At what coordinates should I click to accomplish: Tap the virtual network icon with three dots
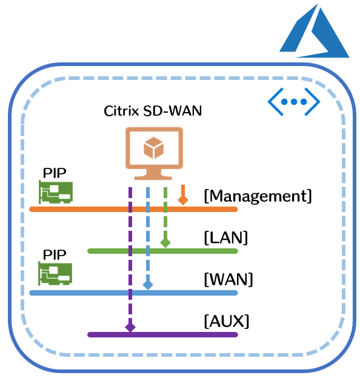tap(294, 102)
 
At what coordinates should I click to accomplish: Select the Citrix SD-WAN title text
tap(153, 111)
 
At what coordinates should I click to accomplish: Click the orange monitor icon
tap(154, 154)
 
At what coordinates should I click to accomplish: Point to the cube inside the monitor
tap(153, 148)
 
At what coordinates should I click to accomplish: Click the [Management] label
tap(258, 196)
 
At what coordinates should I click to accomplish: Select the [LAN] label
tap(226, 237)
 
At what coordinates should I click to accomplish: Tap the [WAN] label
tap(228, 279)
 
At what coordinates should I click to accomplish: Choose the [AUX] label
tap(227, 321)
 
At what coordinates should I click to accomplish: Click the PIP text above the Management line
tap(55, 173)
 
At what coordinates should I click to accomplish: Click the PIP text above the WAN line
tap(55, 254)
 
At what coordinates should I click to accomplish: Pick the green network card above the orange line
tap(56, 192)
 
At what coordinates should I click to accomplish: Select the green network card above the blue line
tap(55, 274)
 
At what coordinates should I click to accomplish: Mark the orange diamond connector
tap(183, 200)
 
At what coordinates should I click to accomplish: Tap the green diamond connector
tap(165, 242)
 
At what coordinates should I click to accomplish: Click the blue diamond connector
tap(148, 285)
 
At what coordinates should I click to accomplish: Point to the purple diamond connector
tap(130, 327)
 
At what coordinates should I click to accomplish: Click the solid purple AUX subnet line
tap(162, 334)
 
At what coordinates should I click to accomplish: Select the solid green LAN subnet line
tap(162, 251)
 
